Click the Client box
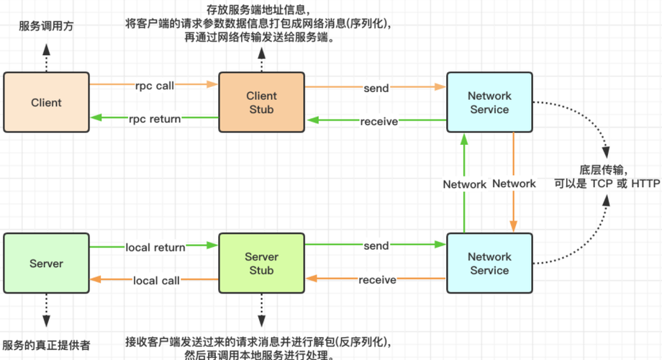click(46, 102)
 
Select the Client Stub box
click(261, 102)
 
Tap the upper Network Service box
click(489, 102)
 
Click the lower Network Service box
click(489, 264)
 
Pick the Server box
click(46, 264)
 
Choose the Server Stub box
click(261, 264)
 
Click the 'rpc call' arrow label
click(155, 86)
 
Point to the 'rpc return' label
click(155, 119)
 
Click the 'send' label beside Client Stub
click(376, 88)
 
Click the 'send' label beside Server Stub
click(376, 246)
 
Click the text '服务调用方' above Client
click(46, 26)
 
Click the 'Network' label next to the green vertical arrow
click(465, 184)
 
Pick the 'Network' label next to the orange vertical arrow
click(514, 184)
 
